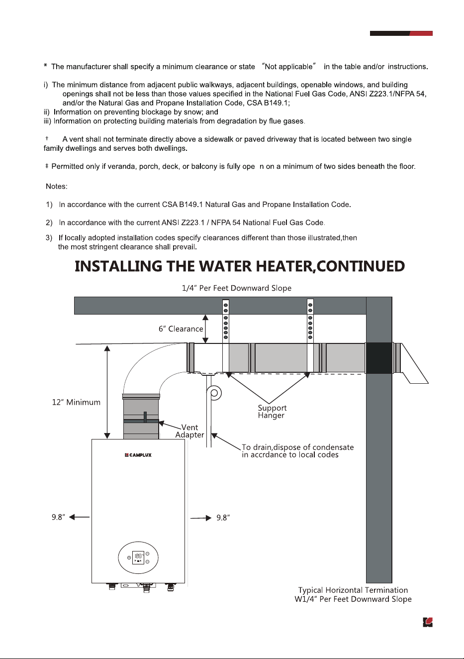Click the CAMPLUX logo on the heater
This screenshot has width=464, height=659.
(x=138, y=455)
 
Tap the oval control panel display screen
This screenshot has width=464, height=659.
(x=138, y=557)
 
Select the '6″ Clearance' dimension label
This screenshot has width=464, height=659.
(x=181, y=329)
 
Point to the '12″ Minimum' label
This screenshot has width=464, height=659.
(x=76, y=402)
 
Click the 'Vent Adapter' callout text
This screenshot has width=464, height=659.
(x=189, y=431)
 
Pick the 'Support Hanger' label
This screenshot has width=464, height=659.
(x=272, y=412)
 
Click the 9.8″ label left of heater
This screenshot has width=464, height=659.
(x=58, y=517)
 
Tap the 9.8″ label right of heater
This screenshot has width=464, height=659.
(x=223, y=518)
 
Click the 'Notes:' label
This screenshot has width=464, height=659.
(x=57, y=187)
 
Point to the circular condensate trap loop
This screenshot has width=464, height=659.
(x=214, y=393)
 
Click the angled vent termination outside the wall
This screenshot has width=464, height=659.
(x=412, y=363)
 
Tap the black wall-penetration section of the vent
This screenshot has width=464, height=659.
(x=379, y=358)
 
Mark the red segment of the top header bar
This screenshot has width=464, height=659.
(x=421, y=33)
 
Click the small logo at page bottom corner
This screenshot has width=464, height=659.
(x=428, y=622)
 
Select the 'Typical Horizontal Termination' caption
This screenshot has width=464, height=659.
(x=353, y=590)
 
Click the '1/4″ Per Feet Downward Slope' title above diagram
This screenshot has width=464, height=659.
(x=237, y=288)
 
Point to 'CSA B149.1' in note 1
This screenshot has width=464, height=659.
(x=183, y=205)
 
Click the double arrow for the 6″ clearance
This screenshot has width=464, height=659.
(x=205, y=329)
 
